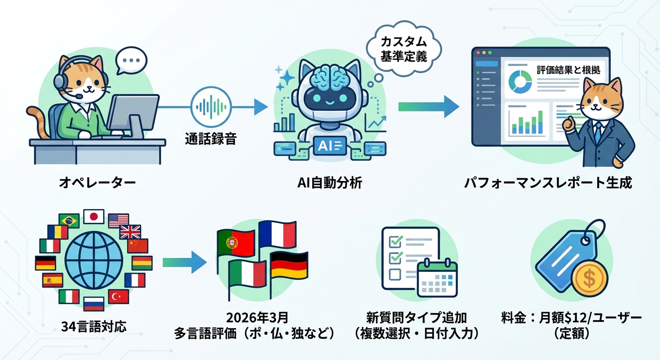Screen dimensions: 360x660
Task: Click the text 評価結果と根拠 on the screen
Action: (568, 70)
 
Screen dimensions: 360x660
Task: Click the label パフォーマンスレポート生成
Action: (548, 183)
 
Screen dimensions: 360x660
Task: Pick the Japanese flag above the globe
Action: (93, 216)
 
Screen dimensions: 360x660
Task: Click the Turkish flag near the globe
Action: (118, 296)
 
